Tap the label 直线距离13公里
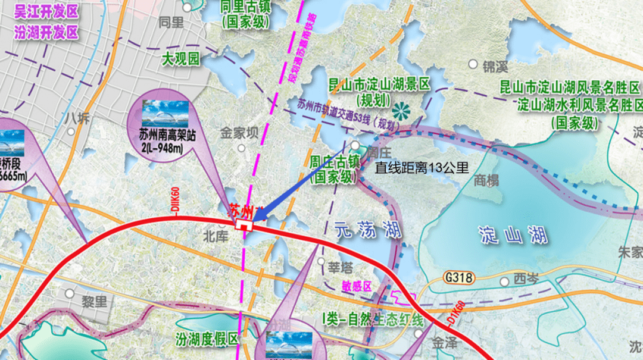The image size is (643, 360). (422, 168)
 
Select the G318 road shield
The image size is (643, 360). (457, 277)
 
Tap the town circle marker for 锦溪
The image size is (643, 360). (473, 63)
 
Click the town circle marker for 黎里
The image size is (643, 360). (70, 293)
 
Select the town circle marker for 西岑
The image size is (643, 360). (505, 281)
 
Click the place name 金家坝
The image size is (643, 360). (240, 132)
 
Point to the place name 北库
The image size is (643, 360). (216, 236)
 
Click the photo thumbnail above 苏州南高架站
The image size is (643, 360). (165, 113)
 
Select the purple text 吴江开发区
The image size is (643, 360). (46, 12)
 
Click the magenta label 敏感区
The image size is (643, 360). (357, 287)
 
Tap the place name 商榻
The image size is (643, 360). (486, 182)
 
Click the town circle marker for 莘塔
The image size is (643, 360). (321, 261)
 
